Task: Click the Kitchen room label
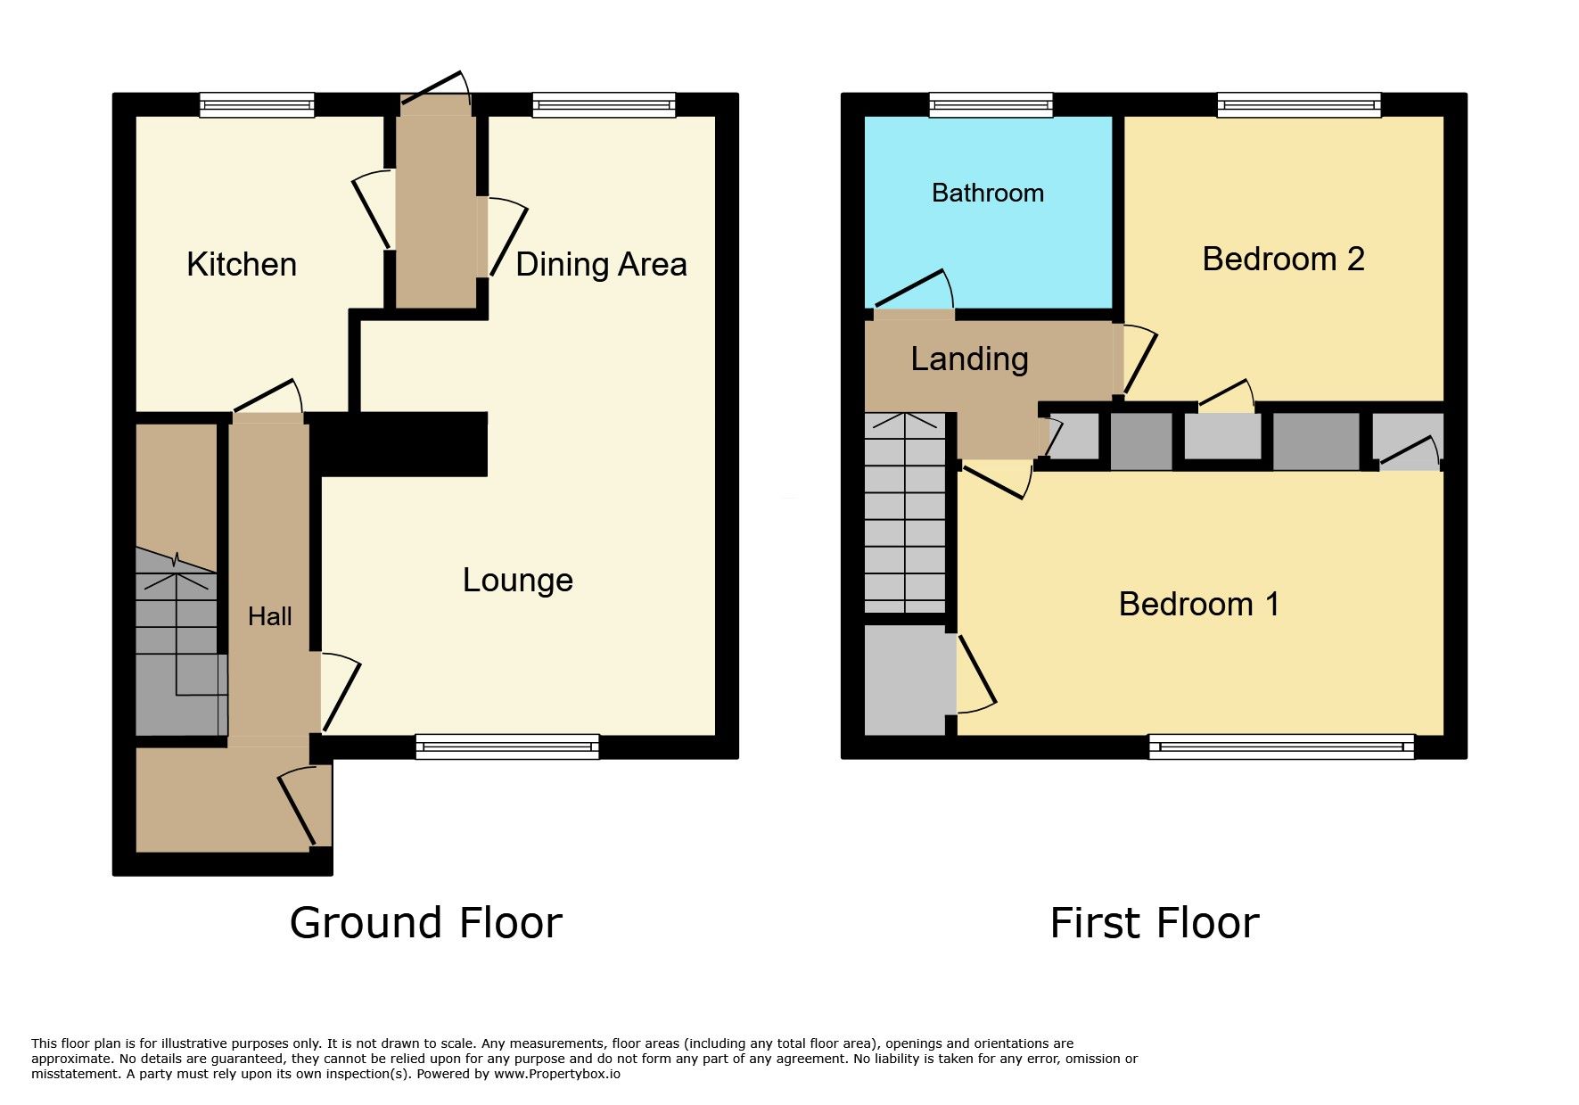click(242, 264)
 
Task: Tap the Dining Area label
click(601, 265)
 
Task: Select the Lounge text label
click(517, 581)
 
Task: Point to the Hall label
click(270, 616)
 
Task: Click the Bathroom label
click(988, 193)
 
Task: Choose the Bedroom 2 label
click(1283, 259)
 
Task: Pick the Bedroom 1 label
click(1199, 604)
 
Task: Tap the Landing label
click(969, 359)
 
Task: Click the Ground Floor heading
click(426, 922)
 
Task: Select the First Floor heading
click(1155, 922)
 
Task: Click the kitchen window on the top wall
click(257, 105)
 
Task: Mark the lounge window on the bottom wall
click(507, 746)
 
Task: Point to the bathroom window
click(991, 105)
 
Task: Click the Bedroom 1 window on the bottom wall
click(1281, 746)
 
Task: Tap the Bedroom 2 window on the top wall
click(1299, 105)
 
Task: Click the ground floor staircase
click(177, 640)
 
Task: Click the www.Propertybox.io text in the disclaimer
click(557, 1074)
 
